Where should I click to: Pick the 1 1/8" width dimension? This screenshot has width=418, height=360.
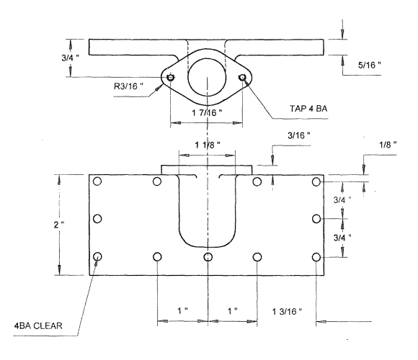pos(207,145)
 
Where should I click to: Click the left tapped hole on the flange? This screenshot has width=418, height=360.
pos(170,78)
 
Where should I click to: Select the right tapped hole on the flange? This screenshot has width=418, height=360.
pos(245,78)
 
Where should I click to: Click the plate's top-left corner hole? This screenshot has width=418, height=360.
pos(98,181)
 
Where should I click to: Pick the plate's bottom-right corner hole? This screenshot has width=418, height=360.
pos(316,256)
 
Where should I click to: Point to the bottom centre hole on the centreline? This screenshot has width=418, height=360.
pos(208,256)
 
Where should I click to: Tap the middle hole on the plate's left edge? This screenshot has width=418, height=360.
pos(98,218)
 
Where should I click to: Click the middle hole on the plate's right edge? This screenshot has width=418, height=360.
pos(316,218)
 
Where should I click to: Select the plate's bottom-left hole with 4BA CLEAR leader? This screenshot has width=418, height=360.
pos(98,256)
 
